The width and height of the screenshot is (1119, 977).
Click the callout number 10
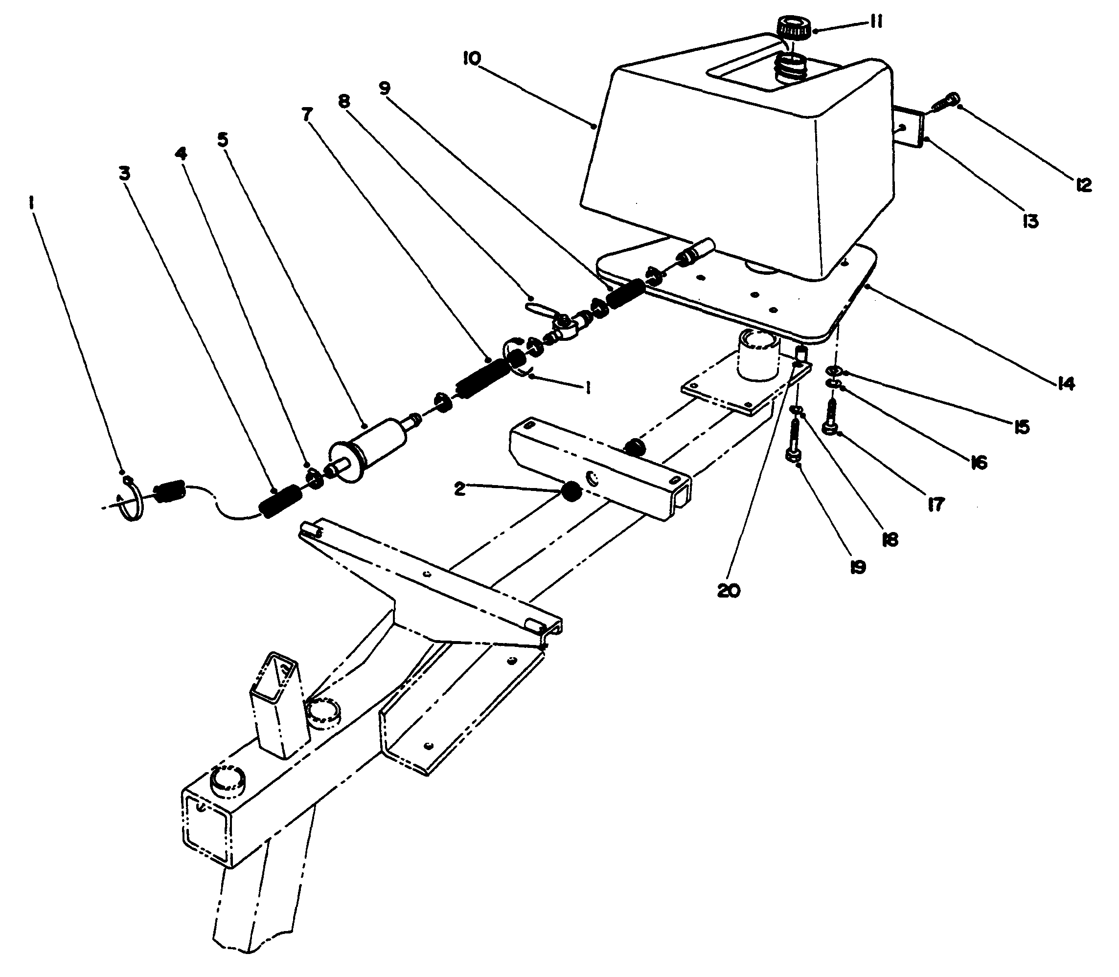(472, 58)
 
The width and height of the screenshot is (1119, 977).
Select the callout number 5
(223, 140)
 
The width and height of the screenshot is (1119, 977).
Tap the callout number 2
(459, 488)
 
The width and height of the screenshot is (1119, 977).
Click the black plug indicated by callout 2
(571, 493)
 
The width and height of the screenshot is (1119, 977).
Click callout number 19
(858, 568)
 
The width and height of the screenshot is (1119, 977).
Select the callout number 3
(124, 174)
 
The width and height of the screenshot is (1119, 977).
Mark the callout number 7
(307, 114)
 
